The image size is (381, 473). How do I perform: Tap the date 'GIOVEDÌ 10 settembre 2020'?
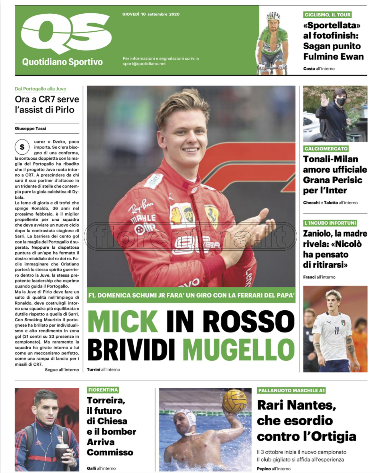[151, 14]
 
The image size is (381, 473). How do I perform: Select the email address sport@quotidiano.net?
[144, 64]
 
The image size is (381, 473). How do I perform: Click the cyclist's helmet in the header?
[273, 16]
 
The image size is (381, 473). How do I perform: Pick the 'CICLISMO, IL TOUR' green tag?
[328, 15]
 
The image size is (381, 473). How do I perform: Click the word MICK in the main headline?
[123, 321]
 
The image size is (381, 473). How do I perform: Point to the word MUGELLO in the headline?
[239, 349]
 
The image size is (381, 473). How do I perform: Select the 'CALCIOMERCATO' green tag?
[326, 149]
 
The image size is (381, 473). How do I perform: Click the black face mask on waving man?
[341, 102]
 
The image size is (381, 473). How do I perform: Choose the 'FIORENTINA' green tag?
[103, 390]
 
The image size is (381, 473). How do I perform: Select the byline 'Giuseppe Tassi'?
[31, 128]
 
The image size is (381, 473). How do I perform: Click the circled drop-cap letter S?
[22, 147]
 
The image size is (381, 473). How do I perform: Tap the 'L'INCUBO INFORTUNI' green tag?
[330, 223]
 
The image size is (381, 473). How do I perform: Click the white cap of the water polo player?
[186, 417]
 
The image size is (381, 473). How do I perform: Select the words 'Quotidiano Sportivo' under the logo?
[62, 62]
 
